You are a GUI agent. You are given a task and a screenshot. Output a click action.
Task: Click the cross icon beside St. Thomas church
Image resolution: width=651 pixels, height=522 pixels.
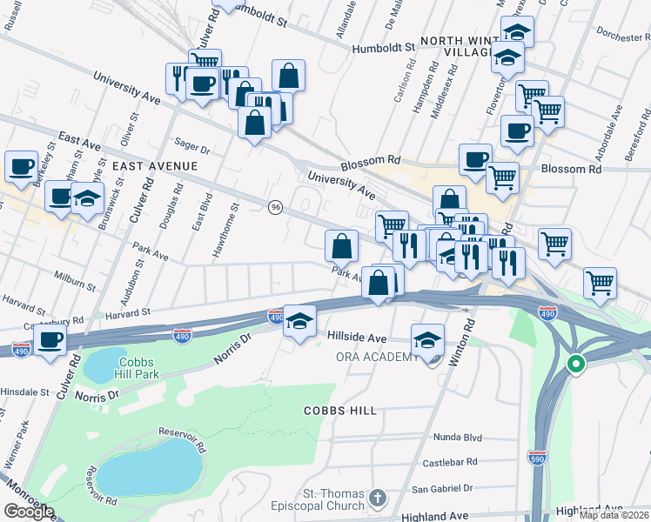(376, 497)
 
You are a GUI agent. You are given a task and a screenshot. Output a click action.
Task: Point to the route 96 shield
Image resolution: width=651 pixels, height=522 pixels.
(276, 207)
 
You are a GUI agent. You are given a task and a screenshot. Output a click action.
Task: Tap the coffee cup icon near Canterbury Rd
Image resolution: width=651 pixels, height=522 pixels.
(50, 338)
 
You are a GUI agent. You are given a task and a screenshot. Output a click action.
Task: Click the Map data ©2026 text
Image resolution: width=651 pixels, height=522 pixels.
(614, 515)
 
